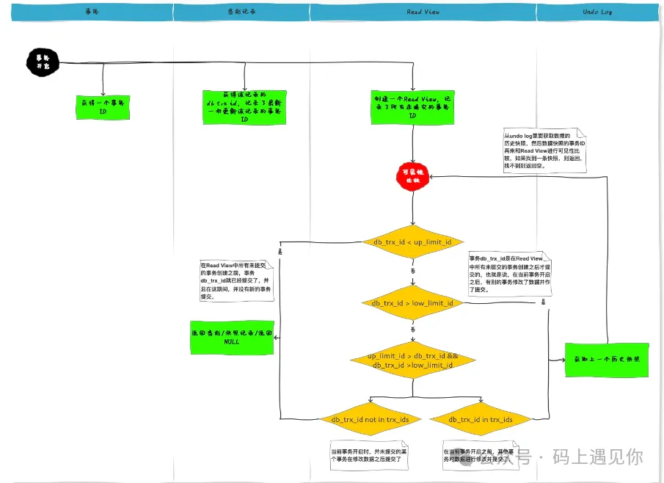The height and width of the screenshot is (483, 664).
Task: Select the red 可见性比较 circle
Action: point(412,175)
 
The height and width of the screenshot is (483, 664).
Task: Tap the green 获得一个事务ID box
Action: point(103,107)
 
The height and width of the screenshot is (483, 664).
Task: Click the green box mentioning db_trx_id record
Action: point(244,107)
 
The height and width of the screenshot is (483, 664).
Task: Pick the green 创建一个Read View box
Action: point(412,107)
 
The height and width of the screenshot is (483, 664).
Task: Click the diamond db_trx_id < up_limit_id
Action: point(412,242)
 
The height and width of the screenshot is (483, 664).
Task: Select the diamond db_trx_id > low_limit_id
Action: point(412,302)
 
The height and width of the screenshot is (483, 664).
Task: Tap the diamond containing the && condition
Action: point(412,360)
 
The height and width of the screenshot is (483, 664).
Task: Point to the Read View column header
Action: point(423,12)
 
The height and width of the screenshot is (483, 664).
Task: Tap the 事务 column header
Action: point(92,12)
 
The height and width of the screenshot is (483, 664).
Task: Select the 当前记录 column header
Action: point(241,12)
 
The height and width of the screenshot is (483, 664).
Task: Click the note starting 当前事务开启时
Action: point(368,455)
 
